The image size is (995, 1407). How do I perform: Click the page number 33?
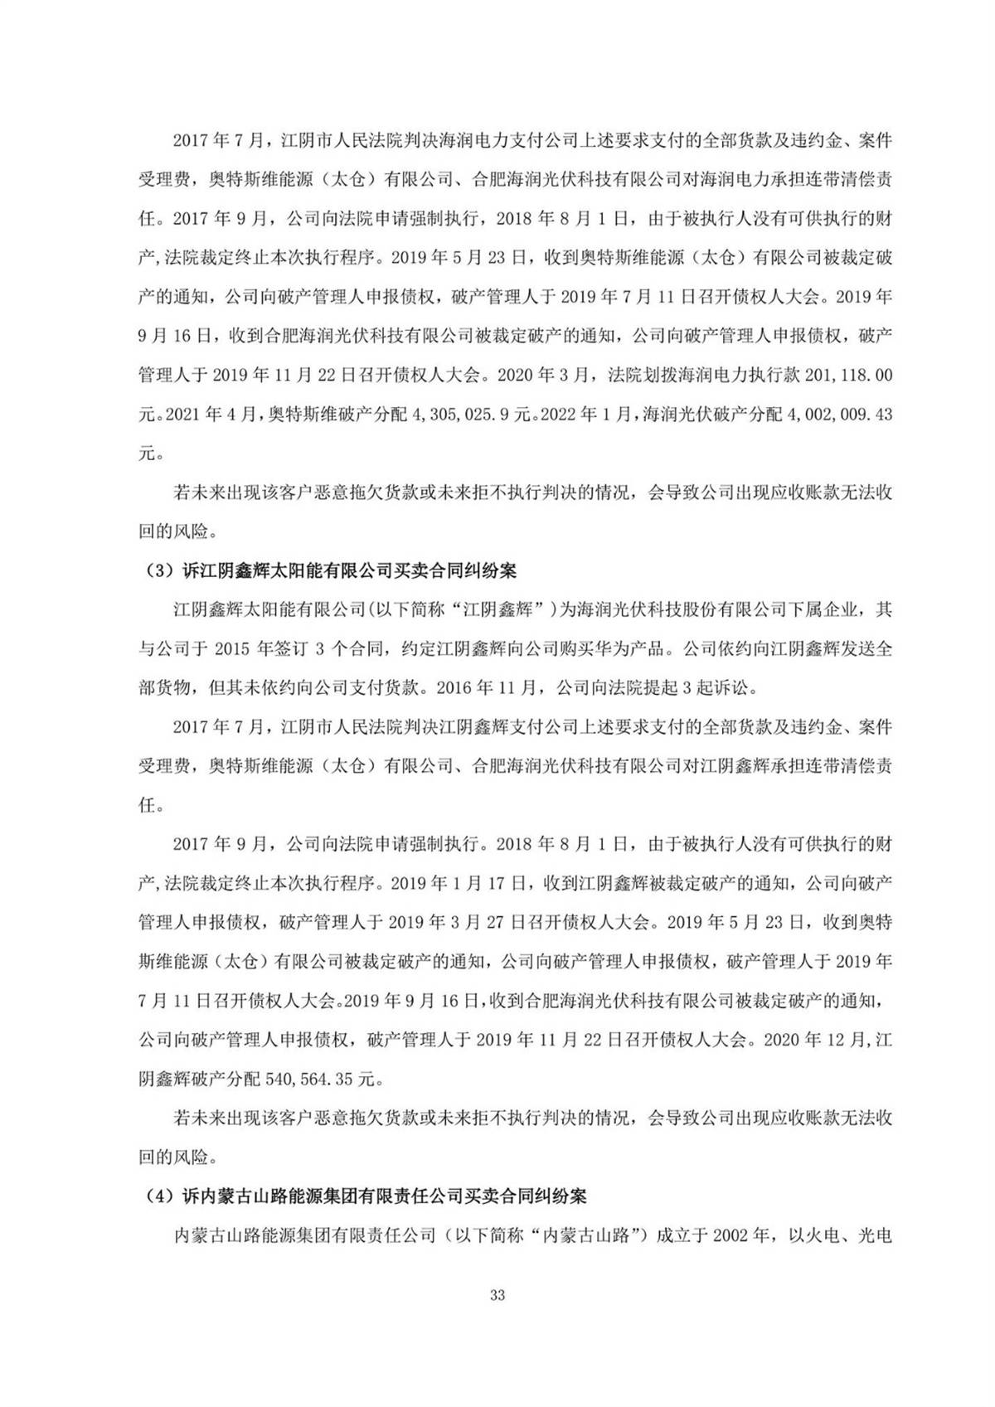pyautogui.click(x=498, y=1318)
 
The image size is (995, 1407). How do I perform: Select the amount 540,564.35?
pyautogui.click(x=316, y=1080)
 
